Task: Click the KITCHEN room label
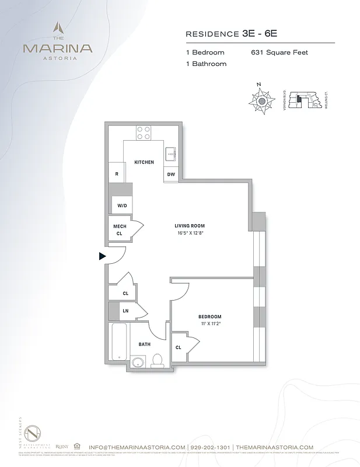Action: tap(144, 162)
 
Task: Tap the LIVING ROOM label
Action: tap(190, 225)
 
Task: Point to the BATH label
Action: tap(144, 344)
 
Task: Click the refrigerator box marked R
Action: tap(117, 174)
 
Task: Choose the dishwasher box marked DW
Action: tap(171, 174)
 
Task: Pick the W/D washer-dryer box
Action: tap(123, 205)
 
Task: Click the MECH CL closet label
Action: tap(119, 229)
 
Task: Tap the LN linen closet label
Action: tap(124, 311)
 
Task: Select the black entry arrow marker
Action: tap(102, 256)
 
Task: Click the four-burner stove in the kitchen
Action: tap(144, 133)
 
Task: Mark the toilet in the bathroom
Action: tap(157, 360)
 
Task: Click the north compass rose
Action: tap(262, 101)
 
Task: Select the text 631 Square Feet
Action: tap(279, 53)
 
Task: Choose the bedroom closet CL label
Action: tap(178, 347)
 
